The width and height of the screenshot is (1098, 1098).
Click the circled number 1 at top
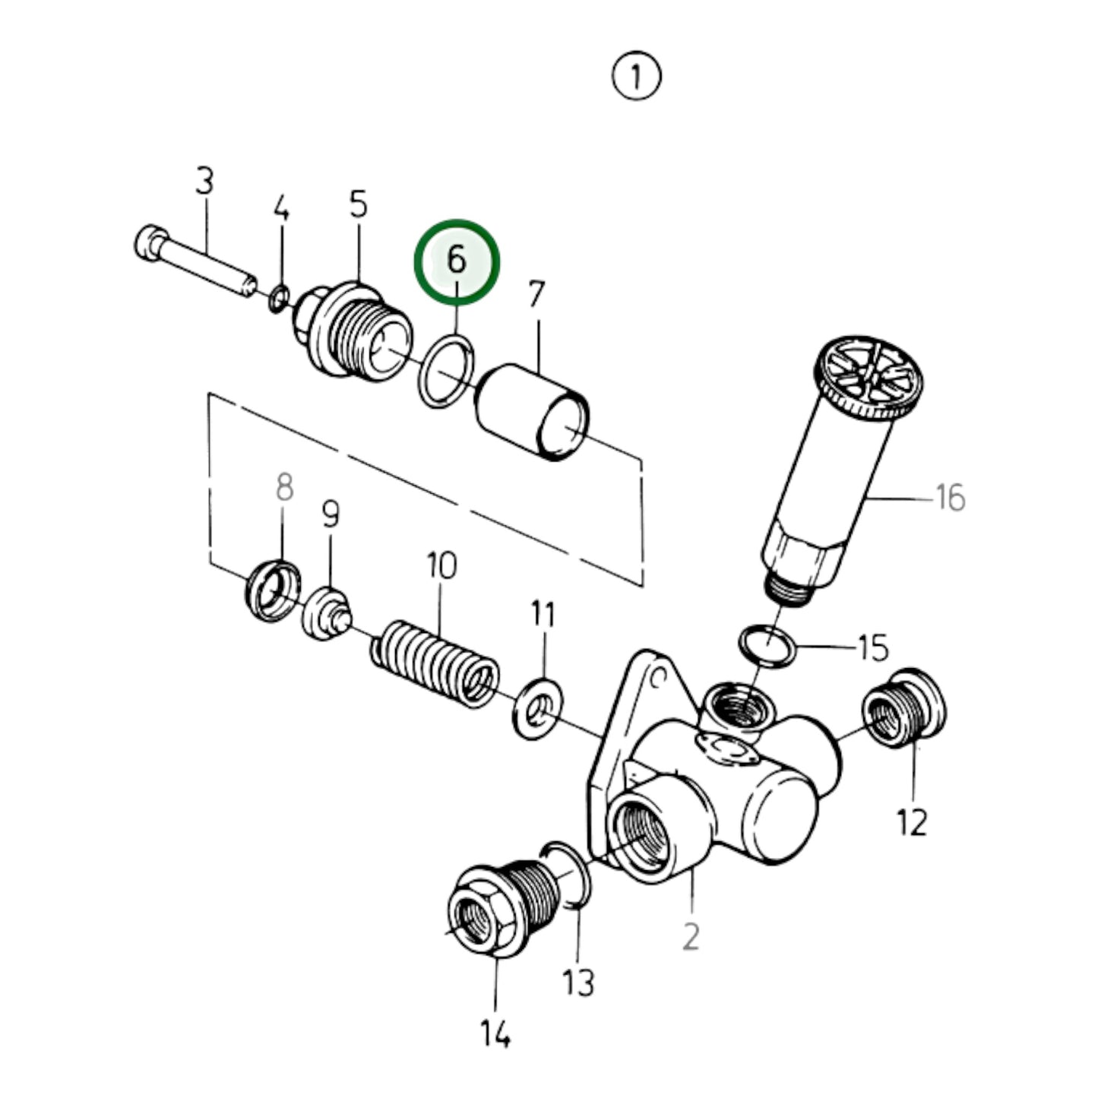coord(636,77)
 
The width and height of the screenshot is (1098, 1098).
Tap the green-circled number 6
coord(457,261)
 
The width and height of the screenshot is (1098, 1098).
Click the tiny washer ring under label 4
coord(279,299)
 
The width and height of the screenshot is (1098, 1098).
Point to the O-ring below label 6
coord(447,372)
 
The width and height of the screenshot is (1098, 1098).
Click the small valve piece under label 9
coord(327,614)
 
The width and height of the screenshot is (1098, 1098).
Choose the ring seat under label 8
coord(273,589)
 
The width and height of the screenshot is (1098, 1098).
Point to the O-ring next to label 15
coord(767,644)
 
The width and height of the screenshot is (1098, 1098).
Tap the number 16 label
coord(949,498)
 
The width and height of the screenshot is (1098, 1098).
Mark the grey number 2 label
coord(690,937)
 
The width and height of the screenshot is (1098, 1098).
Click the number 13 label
coord(578,983)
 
